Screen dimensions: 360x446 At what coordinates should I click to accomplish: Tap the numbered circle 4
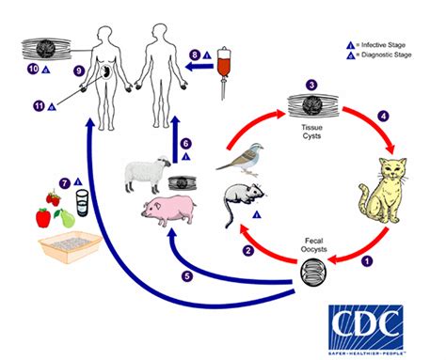click(x=382, y=117)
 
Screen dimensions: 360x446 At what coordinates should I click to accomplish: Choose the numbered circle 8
click(x=195, y=55)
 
